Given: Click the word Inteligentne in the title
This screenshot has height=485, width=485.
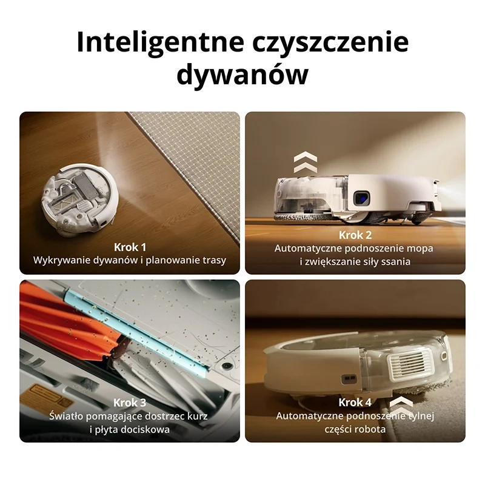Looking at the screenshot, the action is click(160, 42).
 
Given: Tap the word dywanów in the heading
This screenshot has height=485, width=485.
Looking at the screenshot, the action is click(242, 75).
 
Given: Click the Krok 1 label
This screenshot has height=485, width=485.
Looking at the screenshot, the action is click(130, 247).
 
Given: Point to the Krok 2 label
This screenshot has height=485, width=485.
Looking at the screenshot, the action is click(355, 235).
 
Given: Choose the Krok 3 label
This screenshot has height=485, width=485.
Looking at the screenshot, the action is click(130, 403).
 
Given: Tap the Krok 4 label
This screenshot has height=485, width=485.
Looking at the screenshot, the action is click(355, 403).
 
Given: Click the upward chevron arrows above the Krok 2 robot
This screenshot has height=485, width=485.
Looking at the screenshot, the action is click(306, 162).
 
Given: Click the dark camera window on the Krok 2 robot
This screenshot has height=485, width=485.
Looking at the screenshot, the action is click(361, 198).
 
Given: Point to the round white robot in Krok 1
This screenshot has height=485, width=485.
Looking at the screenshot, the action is click(80, 199).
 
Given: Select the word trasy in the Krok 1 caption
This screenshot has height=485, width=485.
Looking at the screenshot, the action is click(215, 261).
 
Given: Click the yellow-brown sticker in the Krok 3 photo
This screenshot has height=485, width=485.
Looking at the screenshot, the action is click(53, 396).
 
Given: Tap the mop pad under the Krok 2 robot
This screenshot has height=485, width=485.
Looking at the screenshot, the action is click(303, 217).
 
